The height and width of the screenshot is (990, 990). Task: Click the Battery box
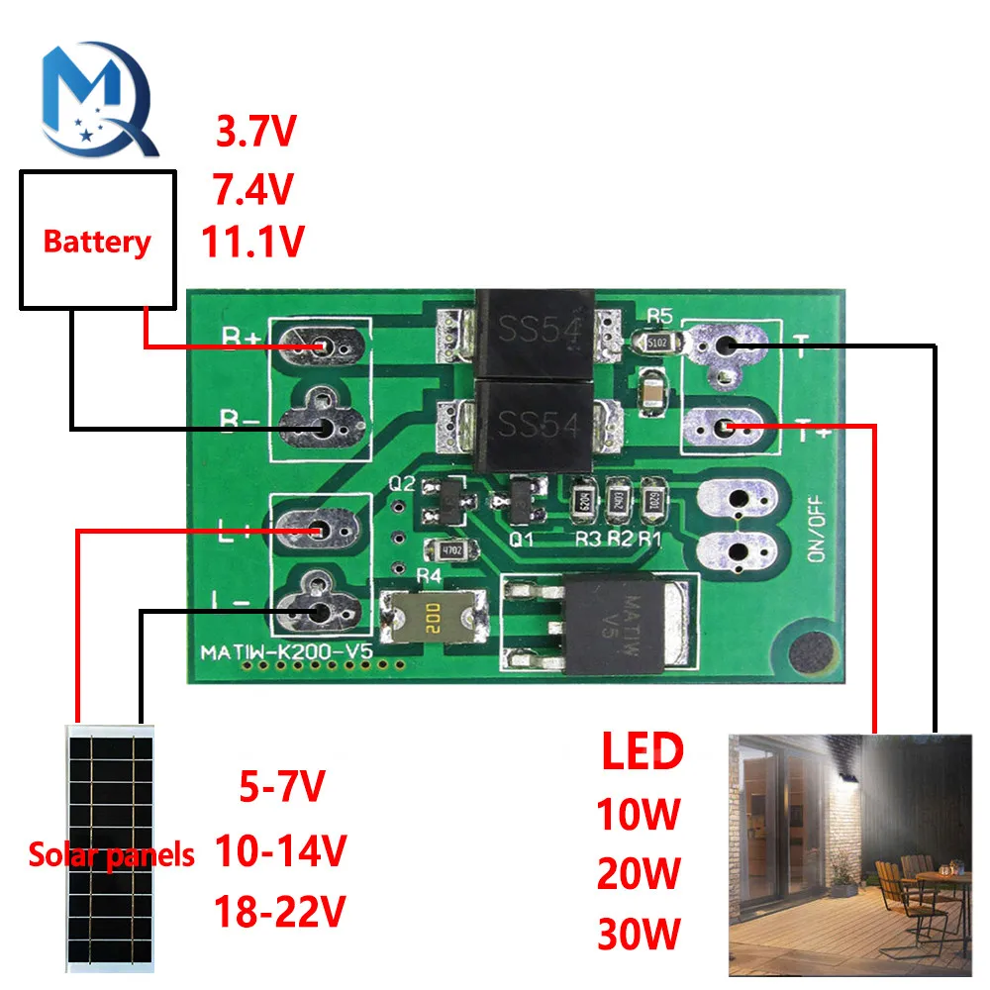[x=98, y=239]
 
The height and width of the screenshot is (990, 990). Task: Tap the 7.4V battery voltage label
[x=252, y=187]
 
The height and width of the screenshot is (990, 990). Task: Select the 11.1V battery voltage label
[x=252, y=242]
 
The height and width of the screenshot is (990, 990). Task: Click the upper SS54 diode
[x=536, y=332]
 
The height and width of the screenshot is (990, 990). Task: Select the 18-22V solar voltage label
[x=280, y=910]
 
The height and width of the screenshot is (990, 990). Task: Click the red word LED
[x=643, y=753]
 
